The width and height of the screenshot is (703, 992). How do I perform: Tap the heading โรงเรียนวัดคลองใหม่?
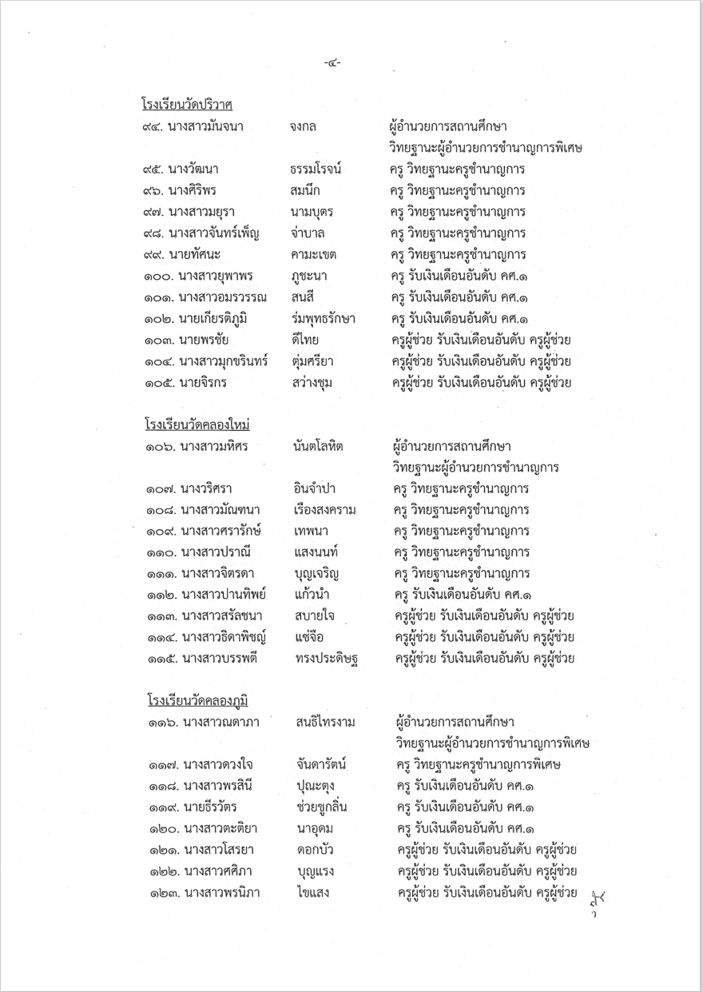pyautogui.click(x=197, y=424)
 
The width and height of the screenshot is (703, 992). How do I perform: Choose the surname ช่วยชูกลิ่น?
pyautogui.click(x=324, y=807)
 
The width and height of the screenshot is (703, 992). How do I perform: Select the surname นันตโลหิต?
pyautogui.click(x=318, y=446)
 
